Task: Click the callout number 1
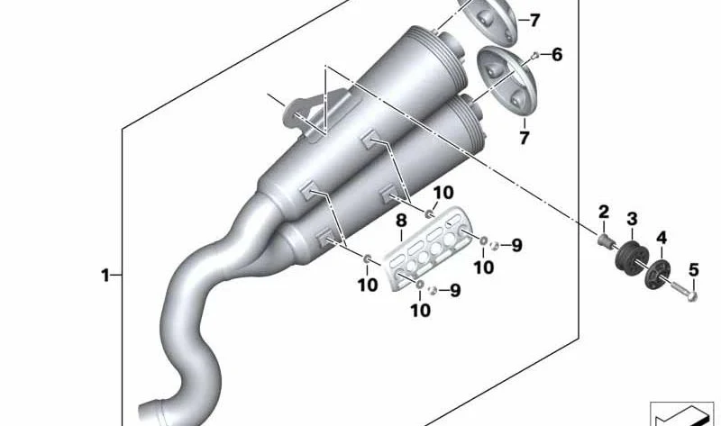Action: [x=105, y=276]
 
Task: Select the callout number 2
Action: [x=604, y=212]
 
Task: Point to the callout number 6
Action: [x=557, y=55]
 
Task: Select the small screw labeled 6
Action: [x=534, y=56]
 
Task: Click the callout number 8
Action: [x=401, y=221]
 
